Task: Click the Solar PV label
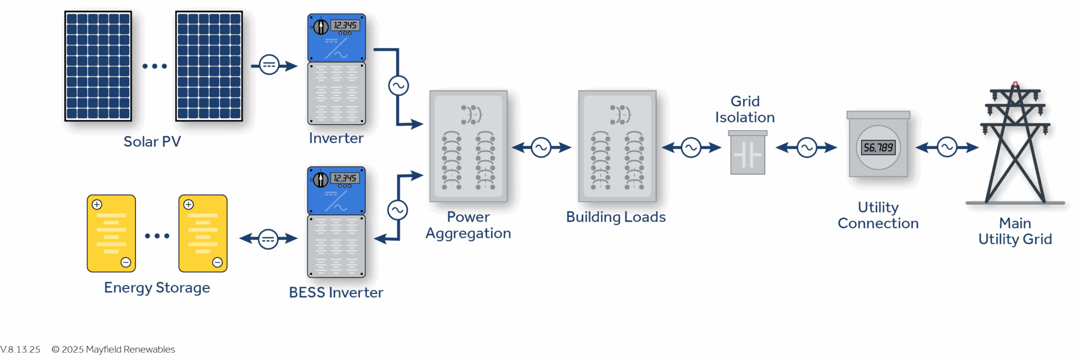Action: click(x=152, y=142)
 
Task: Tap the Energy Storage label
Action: click(x=157, y=288)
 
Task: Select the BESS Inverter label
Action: click(x=336, y=293)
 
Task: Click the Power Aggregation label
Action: click(x=468, y=225)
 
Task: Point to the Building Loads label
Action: click(x=615, y=217)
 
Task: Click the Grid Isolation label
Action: click(x=745, y=109)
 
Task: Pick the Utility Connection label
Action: click(x=878, y=215)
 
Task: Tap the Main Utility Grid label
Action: click(x=1015, y=231)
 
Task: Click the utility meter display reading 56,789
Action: click(x=878, y=147)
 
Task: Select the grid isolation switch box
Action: click(x=747, y=154)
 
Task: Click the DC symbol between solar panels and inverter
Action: click(x=269, y=65)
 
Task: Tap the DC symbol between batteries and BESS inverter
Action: click(x=268, y=239)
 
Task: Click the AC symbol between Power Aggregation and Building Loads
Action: click(x=541, y=148)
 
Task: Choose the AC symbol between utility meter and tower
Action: click(x=947, y=147)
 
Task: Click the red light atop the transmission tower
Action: click(x=1015, y=84)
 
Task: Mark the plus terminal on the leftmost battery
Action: click(x=97, y=204)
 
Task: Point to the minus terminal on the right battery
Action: click(x=217, y=262)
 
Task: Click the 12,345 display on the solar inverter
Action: click(x=345, y=25)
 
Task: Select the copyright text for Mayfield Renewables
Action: click(x=113, y=349)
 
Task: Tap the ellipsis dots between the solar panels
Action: click(x=154, y=66)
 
